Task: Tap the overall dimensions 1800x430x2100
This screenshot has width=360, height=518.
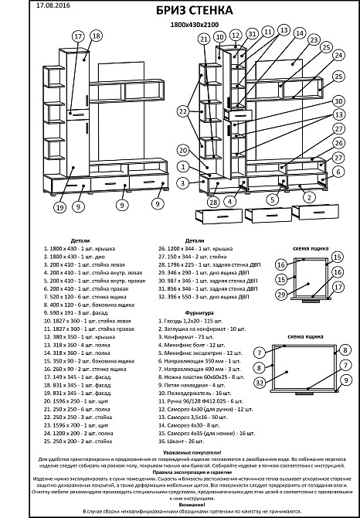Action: [x=181, y=25]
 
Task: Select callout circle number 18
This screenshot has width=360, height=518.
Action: [x=96, y=36]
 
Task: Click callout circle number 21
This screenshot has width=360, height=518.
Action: [x=204, y=38]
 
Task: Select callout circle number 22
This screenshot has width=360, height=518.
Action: [x=182, y=112]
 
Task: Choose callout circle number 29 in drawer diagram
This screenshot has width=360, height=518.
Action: [x=280, y=295]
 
